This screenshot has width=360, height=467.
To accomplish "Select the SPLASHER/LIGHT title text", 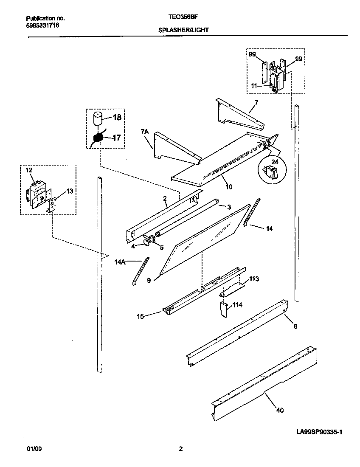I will (183, 31).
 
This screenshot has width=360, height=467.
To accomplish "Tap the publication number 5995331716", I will (42, 25).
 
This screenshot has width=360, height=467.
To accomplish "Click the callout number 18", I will (117, 118).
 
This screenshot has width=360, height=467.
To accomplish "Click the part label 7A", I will (144, 133).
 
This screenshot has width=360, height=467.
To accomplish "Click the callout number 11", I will (253, 85).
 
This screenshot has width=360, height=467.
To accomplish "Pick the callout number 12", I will (28, 170).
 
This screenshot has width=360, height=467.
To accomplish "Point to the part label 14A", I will (120, 262).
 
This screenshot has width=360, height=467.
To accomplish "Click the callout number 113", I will (254, 279).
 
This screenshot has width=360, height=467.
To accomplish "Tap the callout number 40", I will (280, 410).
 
